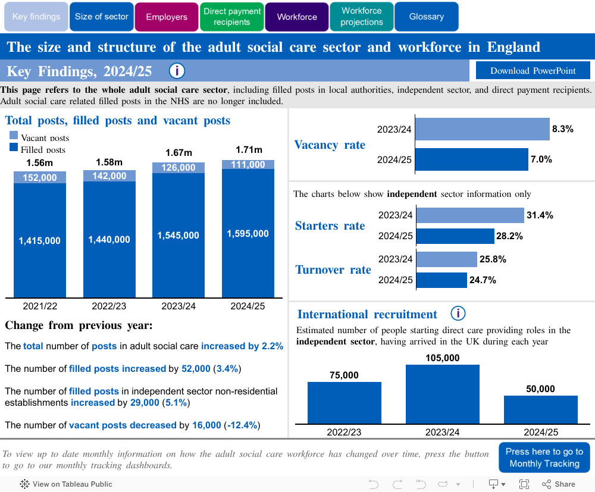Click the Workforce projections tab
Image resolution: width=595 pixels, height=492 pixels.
362,17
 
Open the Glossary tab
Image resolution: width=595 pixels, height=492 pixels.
426,17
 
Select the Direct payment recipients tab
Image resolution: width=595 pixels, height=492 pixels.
232,17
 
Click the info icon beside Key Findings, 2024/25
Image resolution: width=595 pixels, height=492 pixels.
177,71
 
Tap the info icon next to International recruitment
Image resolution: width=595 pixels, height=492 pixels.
458,314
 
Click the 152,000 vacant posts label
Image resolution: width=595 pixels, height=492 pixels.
40,177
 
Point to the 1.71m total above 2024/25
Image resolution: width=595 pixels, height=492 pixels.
248,150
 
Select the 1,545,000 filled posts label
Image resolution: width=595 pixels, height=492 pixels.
178,236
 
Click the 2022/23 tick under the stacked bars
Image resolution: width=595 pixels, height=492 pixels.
109,306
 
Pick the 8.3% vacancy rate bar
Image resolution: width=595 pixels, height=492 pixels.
482,129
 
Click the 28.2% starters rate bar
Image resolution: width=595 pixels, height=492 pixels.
455,236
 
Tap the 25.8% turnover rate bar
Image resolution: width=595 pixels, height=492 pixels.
446,259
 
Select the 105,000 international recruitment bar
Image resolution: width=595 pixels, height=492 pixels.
443,394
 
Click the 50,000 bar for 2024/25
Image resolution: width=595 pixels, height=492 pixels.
540,409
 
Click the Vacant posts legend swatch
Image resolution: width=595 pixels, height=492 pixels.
14,135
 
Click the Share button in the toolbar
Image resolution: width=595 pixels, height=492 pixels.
559,484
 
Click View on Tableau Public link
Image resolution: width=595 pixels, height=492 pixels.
66,484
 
